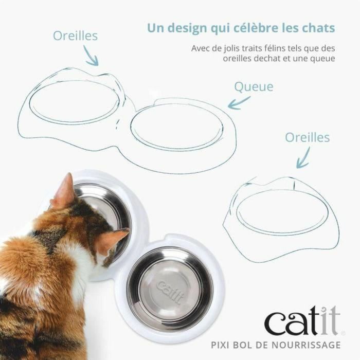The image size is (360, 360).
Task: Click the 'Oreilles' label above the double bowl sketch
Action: [76, 36]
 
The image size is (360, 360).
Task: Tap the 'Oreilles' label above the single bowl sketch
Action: [308, 137]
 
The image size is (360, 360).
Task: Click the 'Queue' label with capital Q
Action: [254, 86]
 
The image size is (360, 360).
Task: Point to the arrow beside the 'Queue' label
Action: [239, 103]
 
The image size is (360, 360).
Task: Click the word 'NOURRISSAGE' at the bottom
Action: [311, 344]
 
